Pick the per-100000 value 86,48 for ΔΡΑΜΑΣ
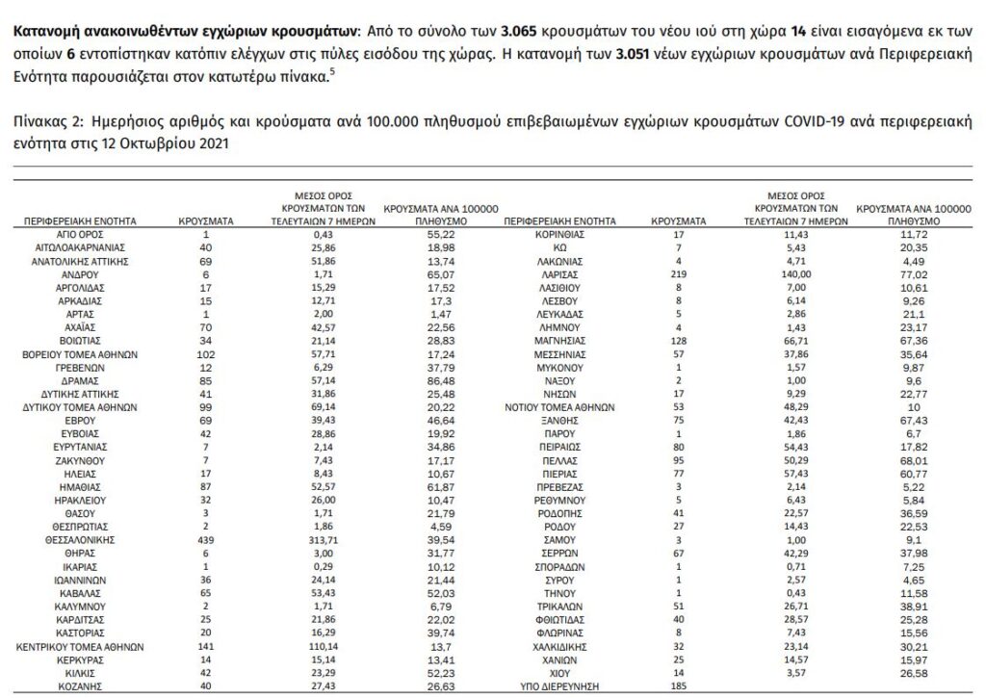439,381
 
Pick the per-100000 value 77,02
909,273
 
